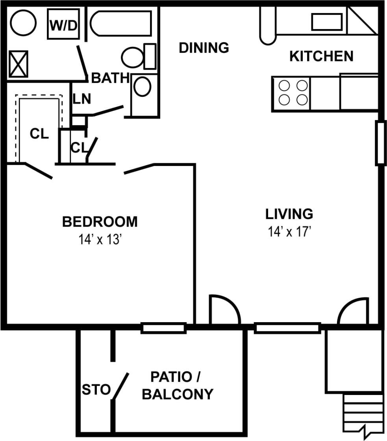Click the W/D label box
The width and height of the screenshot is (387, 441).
(63, 24)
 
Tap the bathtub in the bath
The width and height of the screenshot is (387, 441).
(121, 24)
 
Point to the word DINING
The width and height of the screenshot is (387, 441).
(204, 48)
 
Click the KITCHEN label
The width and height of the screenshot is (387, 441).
(321, 56)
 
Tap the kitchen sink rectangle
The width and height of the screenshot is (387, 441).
(326, 22)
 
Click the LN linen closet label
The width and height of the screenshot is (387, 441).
(81, 99)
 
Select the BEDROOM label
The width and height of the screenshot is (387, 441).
(100, 222)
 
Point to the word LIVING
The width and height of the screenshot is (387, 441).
(289, 214)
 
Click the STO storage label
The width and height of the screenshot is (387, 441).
(96, 390)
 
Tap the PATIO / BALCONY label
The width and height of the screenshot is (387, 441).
(177, 386)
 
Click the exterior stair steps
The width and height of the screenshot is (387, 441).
(363, 413)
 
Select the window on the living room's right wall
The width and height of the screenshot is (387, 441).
(380, 143)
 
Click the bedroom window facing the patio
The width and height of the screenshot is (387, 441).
(163, 327)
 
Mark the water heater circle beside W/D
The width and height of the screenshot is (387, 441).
(23, 23)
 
